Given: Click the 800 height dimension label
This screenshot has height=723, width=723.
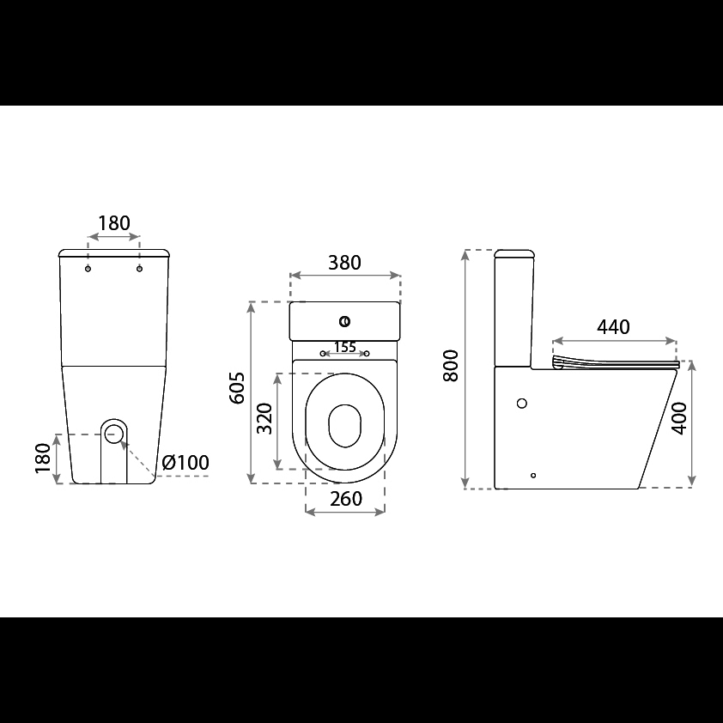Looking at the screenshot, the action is point(451,366).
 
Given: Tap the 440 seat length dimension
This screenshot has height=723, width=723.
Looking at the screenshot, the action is point(613,327).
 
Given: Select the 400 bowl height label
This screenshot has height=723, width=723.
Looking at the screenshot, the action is point(679,418).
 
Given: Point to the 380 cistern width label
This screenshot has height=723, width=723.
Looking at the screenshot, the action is point(344,263).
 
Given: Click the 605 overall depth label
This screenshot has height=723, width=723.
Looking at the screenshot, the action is point(238,388).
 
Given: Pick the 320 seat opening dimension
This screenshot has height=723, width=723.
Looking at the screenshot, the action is point(264,418).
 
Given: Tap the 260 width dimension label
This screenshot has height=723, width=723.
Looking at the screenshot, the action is point(346,499).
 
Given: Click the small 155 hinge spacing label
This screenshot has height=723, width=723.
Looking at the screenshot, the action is point(345,347).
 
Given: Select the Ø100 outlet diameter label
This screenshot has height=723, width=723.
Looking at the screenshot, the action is point(185,462).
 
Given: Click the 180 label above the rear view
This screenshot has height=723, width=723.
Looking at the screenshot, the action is point(114,223).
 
